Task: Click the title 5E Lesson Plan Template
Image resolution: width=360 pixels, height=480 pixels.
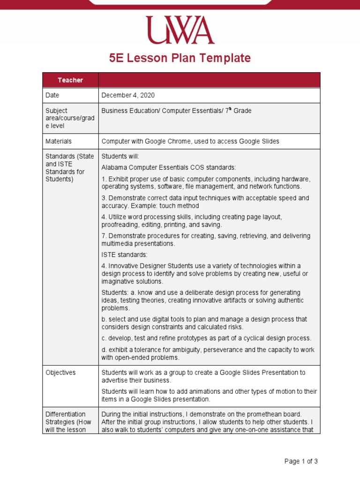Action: (x=180, y=58)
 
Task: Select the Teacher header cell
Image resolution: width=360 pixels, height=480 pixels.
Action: (x=70, y=80)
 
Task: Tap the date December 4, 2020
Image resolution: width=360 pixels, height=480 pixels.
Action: (x=128, y=95)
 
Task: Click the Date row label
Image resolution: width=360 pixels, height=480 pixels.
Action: (x=52, y=95)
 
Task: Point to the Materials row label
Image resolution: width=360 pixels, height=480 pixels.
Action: (x=58, y=141)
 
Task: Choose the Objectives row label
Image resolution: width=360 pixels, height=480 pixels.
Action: (x=60, y=373)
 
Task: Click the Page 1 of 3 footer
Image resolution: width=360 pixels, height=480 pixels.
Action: (x=301, y=461)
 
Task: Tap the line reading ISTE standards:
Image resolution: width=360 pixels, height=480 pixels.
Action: (x=124, y=255)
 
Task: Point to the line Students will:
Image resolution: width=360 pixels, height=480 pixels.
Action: (x=120, y=156)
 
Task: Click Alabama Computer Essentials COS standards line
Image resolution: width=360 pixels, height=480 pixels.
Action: (x=169, y=167)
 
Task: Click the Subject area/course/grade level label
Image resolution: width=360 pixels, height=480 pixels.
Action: (x=69, y=118)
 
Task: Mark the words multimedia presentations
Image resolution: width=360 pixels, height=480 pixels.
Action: (x=138, y=244)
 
